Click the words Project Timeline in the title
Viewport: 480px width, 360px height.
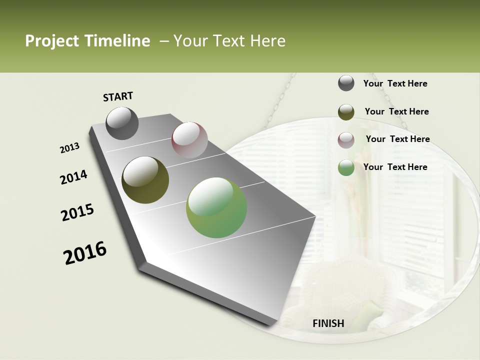(87, 41)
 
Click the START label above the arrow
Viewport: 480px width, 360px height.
(118, 96)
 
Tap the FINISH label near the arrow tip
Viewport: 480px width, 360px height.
(328, 323)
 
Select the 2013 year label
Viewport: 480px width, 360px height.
(70, 147)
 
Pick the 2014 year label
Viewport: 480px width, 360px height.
(73, 177)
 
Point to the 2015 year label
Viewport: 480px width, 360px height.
(77, 212)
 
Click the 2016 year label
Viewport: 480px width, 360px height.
(85, 252)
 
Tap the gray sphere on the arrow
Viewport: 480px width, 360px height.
(122, 123)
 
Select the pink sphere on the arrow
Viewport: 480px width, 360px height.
(189, 140)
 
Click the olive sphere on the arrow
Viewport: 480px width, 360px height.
(145, 180)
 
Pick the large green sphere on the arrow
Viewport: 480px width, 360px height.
(216, 207)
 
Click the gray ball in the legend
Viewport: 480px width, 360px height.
(346, 83)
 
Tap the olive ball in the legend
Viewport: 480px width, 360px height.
(346, 112)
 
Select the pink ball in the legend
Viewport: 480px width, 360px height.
(346, 140)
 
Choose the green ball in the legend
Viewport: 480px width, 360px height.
(346, 167)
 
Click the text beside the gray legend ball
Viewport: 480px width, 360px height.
(395, 83)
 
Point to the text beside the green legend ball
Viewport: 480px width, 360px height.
(395, 167)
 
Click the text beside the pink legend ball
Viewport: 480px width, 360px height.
(397, 139)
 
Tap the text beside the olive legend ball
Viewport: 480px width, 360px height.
(396, 111)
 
